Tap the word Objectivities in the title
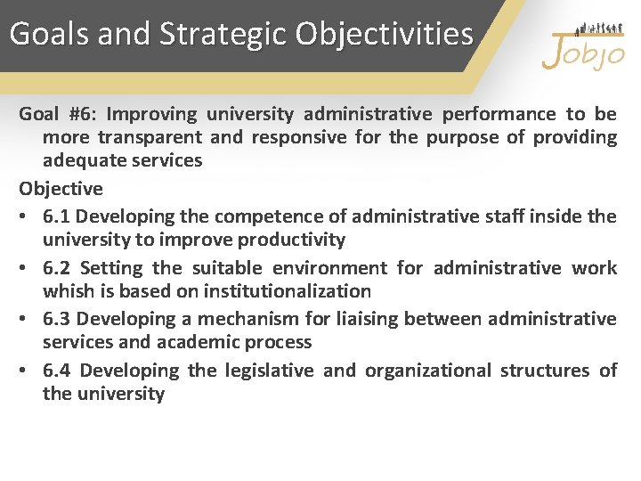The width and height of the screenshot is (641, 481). pyautogui.click(x=385, y=34)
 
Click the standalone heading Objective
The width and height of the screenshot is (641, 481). pyautogui.click(x=61, y=189)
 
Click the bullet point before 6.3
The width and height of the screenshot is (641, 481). pyautogui.click(x=25, y=319)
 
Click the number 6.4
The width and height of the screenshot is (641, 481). pyautogui.click(x=60, y=371)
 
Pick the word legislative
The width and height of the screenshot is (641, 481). pyautogui.click(x=265, y=371)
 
